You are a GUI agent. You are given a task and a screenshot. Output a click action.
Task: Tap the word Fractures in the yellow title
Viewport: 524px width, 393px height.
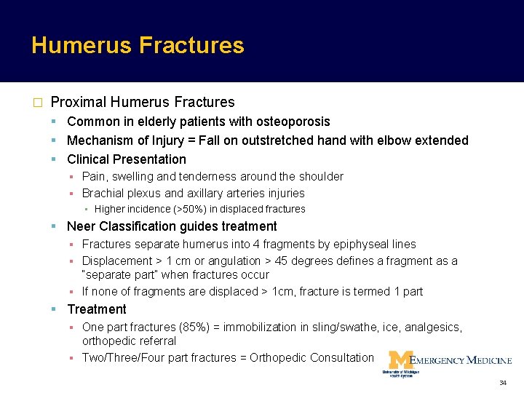click(x=191, y=46)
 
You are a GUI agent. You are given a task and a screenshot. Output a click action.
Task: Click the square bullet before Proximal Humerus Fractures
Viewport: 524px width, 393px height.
click(x=36, y=103)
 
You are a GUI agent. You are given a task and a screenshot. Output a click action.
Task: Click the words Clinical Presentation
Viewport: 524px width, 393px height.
click(x=127, y=159)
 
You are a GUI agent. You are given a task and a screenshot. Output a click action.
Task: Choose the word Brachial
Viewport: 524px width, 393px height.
click(x=101, y=194)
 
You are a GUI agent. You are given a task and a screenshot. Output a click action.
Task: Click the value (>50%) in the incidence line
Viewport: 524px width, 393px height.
click(x=175, y=210)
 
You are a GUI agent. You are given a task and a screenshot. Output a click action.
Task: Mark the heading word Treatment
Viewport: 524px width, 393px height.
click(x=97, y=309)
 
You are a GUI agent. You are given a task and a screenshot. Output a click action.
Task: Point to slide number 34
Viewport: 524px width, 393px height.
click(x=502, y=383)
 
